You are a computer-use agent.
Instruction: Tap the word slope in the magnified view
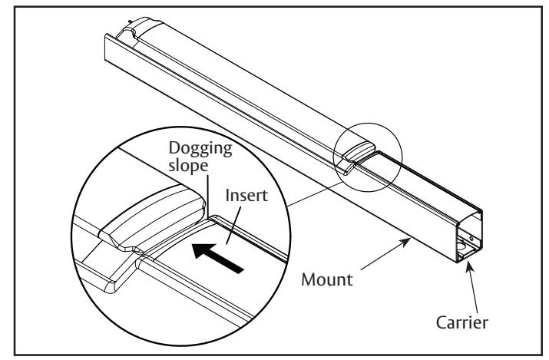(188, 166)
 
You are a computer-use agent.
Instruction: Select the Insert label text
(246, 195)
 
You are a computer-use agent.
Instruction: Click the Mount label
(327, 279)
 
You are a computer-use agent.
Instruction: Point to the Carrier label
(461, 322)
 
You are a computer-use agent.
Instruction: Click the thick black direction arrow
(218, 258)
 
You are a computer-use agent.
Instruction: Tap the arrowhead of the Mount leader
(405, 241)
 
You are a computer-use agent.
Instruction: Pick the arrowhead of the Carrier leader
(469, 266)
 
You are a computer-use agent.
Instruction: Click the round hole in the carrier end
(461, 246)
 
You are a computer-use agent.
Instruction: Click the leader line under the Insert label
(234, 225)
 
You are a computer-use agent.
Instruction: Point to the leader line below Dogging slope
(208, 196)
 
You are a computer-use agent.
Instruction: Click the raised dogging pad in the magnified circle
(152, 217)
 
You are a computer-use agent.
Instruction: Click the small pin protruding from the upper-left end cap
(131, 22)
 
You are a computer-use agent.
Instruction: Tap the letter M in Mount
(308, 279)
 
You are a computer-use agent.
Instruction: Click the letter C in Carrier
(442, 322)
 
